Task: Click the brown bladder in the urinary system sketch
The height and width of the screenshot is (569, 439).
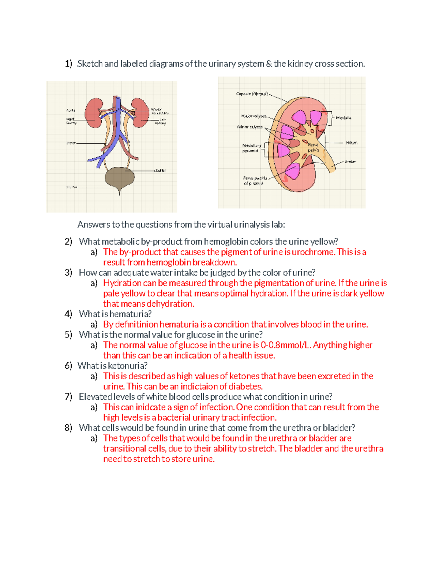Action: [120, 177]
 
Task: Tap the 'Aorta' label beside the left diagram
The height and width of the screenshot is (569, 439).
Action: [71, 110]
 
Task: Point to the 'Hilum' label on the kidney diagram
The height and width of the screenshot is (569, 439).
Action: [351, 143]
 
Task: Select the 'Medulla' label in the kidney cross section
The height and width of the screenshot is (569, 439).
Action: [344, 118]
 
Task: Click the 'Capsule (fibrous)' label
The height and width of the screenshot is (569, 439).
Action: [252, 94]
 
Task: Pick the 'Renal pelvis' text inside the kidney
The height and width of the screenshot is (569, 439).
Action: [313, 147]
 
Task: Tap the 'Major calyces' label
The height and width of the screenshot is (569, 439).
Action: [254, 116]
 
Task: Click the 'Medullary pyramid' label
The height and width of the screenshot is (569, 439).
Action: [251, 148]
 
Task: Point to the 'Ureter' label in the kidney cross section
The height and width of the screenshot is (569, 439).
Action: [350, 162]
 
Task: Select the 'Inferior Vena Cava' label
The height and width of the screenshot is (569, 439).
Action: [160, 111]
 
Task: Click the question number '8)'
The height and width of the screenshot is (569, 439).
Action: [68, 428]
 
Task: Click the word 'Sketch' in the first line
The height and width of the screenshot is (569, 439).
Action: [90, 64]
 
